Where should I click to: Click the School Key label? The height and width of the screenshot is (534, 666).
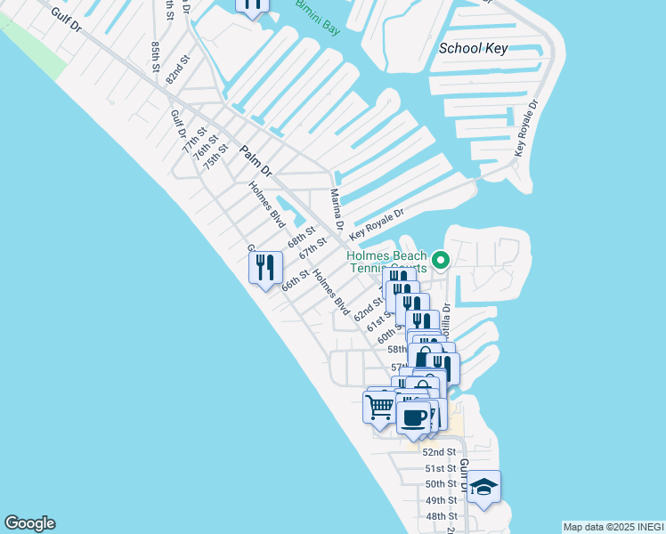473,48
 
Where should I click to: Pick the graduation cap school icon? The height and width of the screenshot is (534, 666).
483,487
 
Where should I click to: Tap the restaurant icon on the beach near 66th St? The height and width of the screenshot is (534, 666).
265,267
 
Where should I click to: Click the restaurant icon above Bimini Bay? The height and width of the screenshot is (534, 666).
253,4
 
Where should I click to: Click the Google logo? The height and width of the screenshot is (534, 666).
29,523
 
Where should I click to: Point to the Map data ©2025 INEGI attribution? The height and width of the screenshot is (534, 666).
613,527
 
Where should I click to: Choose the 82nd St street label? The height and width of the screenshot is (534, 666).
177,69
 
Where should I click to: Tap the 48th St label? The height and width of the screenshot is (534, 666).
441,516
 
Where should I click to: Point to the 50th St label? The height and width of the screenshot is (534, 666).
441,484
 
